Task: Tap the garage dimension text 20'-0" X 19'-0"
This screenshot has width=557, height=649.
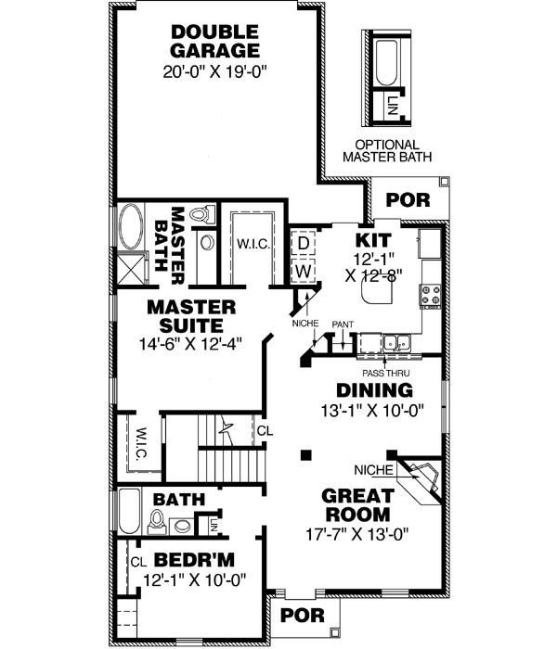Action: click(214, 70)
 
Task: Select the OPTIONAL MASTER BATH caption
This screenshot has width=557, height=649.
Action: click(387, 152)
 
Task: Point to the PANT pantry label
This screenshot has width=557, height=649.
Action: click(343, 324)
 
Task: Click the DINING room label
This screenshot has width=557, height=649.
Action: click(374, 390)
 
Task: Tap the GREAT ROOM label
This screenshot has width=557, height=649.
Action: click(356, 504)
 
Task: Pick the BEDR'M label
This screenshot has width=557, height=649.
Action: click(193, 561)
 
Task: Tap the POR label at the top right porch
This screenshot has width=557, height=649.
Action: click(402, 199)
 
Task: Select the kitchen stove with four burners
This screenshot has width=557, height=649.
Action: click(432, 295)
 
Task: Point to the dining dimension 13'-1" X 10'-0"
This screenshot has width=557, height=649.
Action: click(373, 411)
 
